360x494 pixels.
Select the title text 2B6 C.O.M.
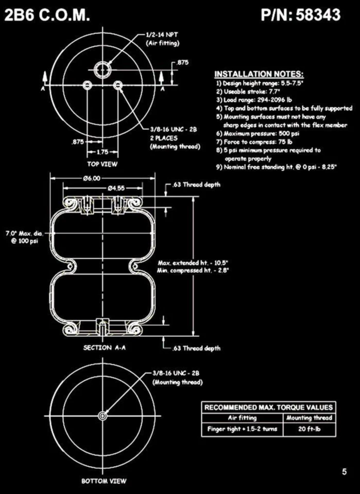click(47, 15)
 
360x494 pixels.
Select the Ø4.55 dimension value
click(116, 188)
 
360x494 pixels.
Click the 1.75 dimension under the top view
click(103, 152)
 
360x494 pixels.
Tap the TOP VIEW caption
click(102, 164)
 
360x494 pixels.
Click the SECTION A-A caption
click(105, 348)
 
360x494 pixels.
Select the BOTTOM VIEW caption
click(104, 482)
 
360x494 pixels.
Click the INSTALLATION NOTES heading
click(259, 74)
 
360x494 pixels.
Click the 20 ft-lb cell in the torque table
click(309, 429)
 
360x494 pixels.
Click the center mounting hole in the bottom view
click(104, 414)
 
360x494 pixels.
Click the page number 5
click(344, 471)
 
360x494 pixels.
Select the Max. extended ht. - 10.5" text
click(194, 263)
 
